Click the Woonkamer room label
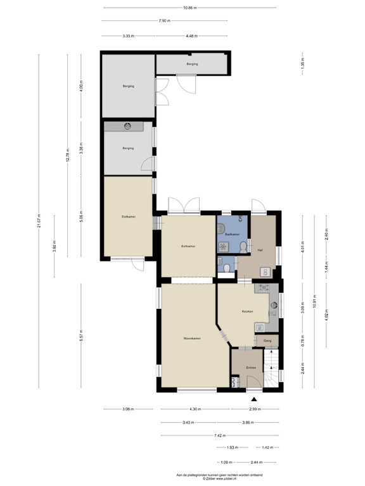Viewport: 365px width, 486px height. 192,339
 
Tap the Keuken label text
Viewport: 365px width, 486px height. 248,311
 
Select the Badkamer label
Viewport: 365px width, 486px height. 232,235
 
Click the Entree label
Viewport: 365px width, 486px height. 250,367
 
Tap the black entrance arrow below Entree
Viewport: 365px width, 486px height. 255,399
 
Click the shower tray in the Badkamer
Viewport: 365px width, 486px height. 224,247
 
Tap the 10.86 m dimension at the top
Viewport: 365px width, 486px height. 189,8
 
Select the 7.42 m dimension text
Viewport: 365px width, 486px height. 217,435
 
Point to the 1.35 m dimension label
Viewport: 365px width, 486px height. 302,63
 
